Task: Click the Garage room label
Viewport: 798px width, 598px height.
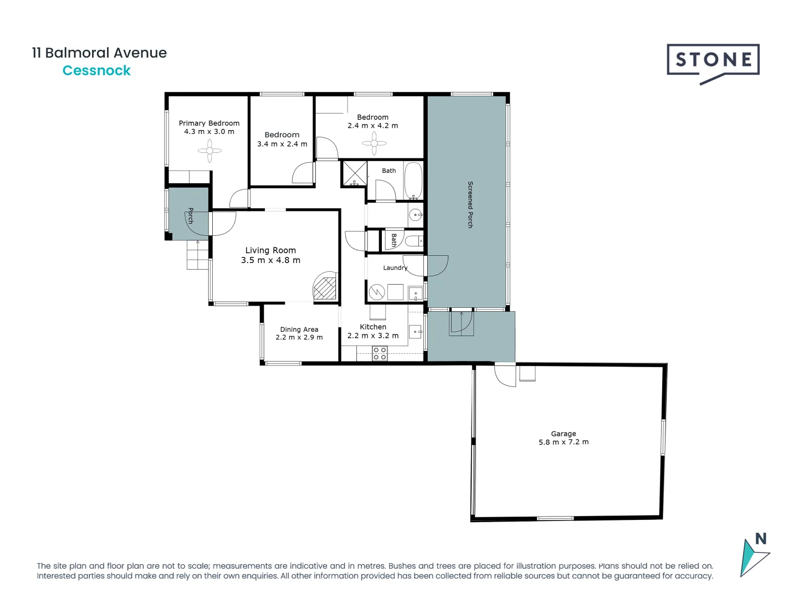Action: tap(563, 434)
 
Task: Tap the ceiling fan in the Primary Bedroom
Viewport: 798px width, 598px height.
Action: tap(209, 151)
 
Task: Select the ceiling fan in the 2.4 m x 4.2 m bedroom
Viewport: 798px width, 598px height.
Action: tap(374, 143)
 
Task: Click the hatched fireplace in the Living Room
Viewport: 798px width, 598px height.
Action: tap(325, 287)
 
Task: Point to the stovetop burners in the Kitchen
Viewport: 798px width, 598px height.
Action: tap(380, 353)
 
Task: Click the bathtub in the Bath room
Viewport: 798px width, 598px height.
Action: tap(412, 180)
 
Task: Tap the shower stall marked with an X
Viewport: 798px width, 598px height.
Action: tap(354, 173)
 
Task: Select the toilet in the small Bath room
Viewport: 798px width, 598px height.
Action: tap(413, 241)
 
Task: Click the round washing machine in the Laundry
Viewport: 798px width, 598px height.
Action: tap(377, 292)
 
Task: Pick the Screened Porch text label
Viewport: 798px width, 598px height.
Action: tap(470, 204)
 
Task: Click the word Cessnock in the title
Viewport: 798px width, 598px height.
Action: tap(96, 70)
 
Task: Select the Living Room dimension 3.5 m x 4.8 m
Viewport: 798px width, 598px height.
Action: tap(270, 260)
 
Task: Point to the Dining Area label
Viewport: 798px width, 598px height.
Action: tap(299, 329)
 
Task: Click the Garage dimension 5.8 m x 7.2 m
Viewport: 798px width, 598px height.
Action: tap(563, 442)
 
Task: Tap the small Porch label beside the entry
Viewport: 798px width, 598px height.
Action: tap(190, 215)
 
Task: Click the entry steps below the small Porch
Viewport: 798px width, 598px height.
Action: tap(197, 255)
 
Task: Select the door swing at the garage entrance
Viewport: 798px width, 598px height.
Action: tap(505, 375)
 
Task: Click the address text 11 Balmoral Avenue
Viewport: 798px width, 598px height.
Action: tap(99, 53)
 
